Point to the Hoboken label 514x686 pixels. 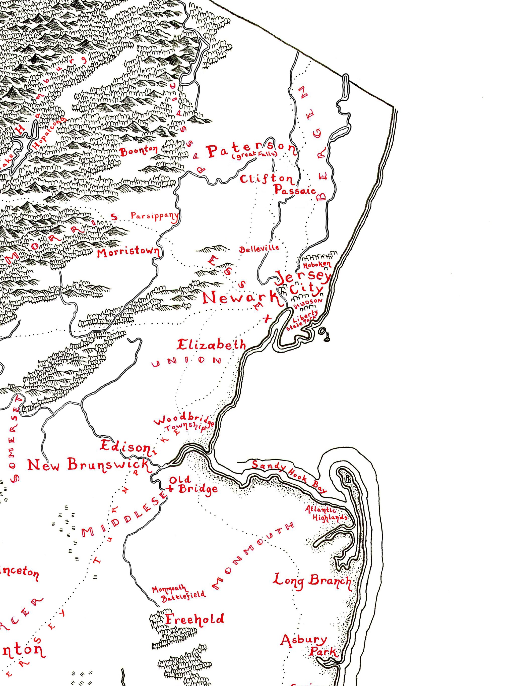pos(317,265)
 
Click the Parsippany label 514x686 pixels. pos(154,216)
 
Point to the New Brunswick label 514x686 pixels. pos(88,465)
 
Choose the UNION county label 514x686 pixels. pos(187,361)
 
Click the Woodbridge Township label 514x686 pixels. pos(183,423)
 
